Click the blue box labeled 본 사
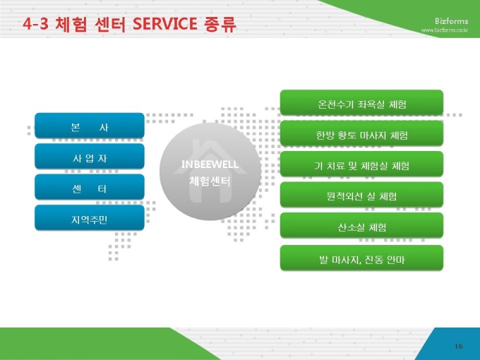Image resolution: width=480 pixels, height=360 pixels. click(90, 126)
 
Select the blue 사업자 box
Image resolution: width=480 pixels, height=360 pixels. click(90, 156)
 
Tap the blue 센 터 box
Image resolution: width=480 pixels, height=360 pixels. click(90, 187)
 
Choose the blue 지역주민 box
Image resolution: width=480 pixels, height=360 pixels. click(90, 217)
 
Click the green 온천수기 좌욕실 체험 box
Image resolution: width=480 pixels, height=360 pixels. click(361, 102)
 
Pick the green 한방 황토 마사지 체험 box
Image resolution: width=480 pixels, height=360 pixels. click(361, 133)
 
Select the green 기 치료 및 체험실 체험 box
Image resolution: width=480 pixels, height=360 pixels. click(361, 164)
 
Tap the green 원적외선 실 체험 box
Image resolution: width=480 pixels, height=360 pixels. click(361, 194)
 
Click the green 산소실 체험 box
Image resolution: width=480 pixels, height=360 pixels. click(361, 225)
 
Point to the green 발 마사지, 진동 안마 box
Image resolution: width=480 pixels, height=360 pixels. click(361, 258)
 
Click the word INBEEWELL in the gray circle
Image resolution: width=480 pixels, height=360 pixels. click(210, 164)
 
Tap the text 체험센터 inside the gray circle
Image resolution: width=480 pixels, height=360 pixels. click(210, 181)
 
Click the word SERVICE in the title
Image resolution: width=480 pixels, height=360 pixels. click(165, 24)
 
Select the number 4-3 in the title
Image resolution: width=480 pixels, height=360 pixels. click(35, 24)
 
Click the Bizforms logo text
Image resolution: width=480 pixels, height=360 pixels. click(452, 21)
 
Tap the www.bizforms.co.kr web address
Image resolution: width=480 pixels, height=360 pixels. click(445, 30)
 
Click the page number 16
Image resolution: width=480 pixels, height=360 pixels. click(458, 346)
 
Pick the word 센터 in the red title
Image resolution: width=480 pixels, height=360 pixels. click(110, 24)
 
